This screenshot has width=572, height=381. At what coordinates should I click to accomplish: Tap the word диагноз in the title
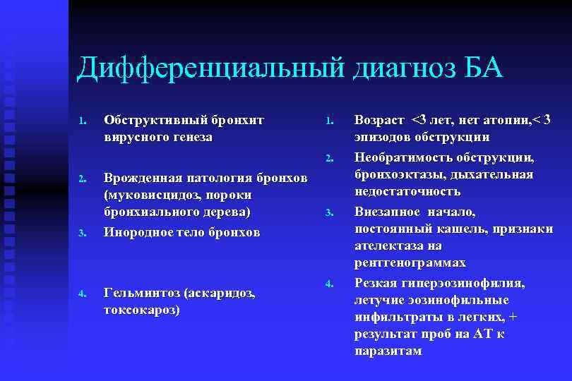pyautogui.click(x=400, y=69)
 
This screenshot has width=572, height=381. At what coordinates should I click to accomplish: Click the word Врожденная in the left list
pyautogui.click(x=142, y=176)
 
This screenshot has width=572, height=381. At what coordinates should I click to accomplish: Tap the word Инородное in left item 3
pyautogui.click(x=138, y=232)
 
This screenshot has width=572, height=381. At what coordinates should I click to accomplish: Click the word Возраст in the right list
pyautogui.click(x=380, y=120)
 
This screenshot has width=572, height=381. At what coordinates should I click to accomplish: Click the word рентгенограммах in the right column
pyautogui.click(x=410, y=263)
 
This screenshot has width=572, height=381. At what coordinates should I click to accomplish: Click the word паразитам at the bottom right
pyautogui.click(x=388, y=351)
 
